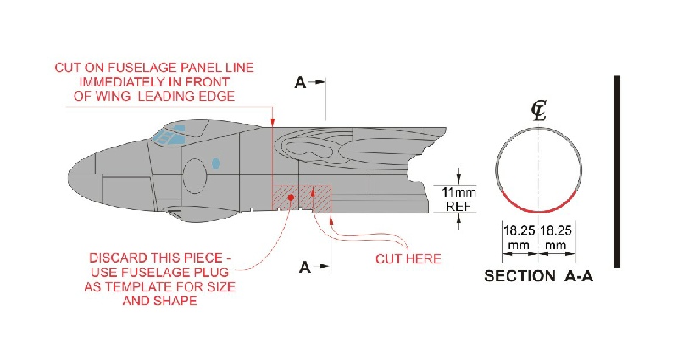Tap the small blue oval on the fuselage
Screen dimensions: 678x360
(215, 163)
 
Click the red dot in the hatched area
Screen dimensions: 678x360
(291, 197)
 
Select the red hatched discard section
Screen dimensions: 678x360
(302, 198)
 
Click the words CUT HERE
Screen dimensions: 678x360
(408, 259)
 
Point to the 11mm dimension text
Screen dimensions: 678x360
(458, 192)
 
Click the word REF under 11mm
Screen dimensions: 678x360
(458, 206)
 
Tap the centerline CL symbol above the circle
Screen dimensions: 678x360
(539, 111)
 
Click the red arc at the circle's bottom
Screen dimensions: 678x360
(538, 211)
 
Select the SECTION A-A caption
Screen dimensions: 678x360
(538, 276)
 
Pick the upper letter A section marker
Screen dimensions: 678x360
(300, 82)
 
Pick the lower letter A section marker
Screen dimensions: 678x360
(305, 267)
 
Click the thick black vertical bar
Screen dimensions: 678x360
(617, 172)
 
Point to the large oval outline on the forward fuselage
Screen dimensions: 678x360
(195, 176)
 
